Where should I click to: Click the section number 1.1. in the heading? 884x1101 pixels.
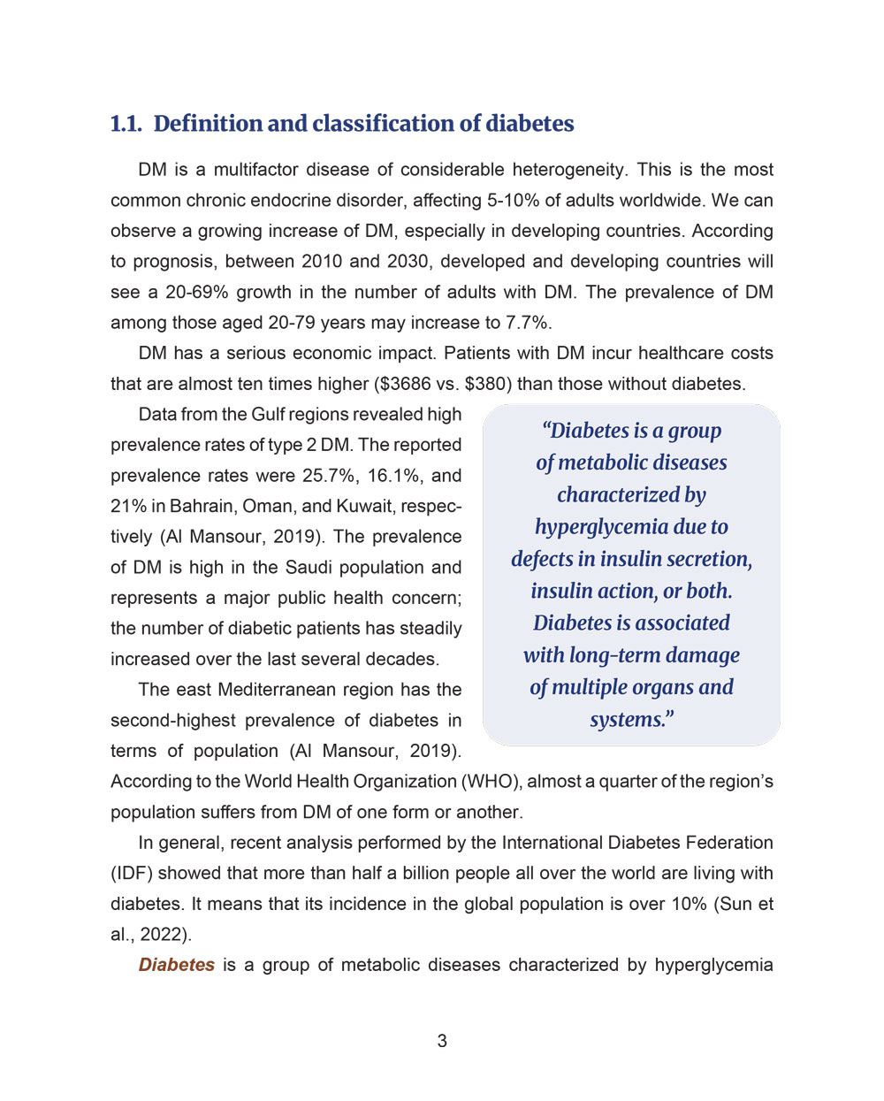tap(126, 124)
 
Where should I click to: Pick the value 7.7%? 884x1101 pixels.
tap(527, 323)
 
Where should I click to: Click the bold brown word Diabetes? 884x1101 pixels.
tap(177, 966)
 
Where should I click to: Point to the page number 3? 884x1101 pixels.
tap(442, 1042)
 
